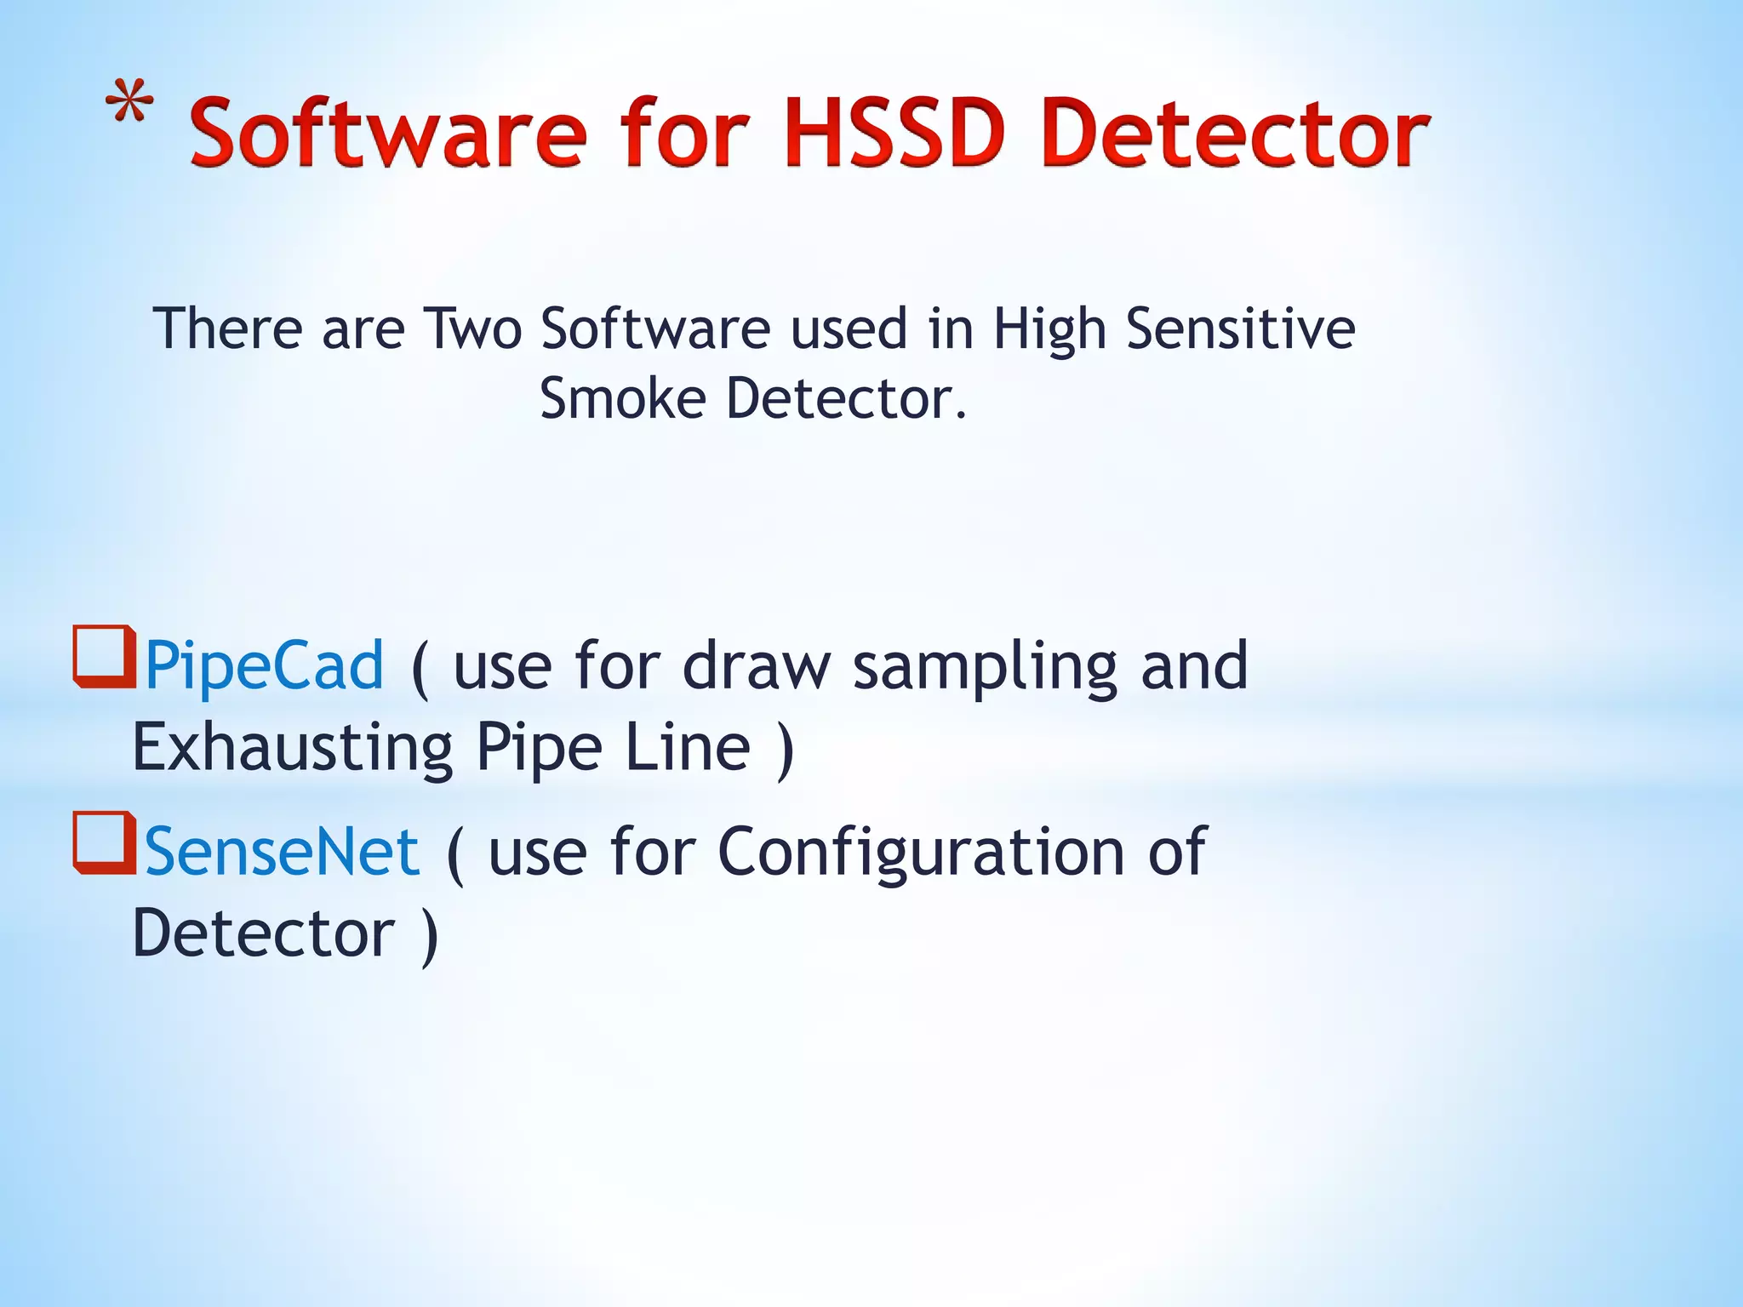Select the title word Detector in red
[x=1234, y=134]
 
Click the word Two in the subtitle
[x=472, y=329]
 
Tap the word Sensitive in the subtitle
[x=1240, y=329]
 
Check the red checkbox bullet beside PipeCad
[x=105, y=656]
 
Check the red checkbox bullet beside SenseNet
[x=105, y=842]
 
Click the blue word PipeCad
[x=265, y=666]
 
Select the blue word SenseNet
[x=282, y=852]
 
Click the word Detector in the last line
[x=264, y=933]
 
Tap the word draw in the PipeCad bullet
[x=757, y=666]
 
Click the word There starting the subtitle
[x=227, y=329]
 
